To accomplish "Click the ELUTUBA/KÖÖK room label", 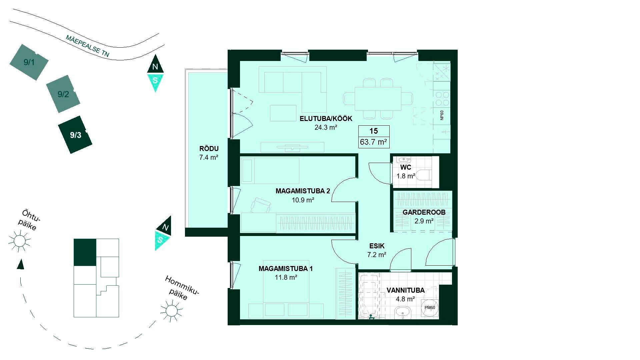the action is [326, 119].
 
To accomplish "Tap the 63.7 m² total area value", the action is [373, 142].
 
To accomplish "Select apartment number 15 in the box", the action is [374, 131].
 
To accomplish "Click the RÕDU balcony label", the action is [209, 149].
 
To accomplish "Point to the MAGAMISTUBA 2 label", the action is [303, 191].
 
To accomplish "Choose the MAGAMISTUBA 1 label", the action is [286, 269].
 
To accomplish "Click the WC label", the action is [406, 167].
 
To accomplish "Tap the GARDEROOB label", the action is [424, 212].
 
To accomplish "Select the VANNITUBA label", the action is [406, 290].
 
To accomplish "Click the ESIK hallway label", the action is [377, 246].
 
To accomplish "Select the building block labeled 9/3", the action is [75, 135].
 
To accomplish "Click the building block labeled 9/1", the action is [29, 62].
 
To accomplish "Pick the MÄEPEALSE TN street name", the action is [87, 46].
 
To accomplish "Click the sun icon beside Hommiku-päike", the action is [172, 310].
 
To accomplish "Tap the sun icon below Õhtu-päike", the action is [19, 240].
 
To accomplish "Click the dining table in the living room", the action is [378, 99].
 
